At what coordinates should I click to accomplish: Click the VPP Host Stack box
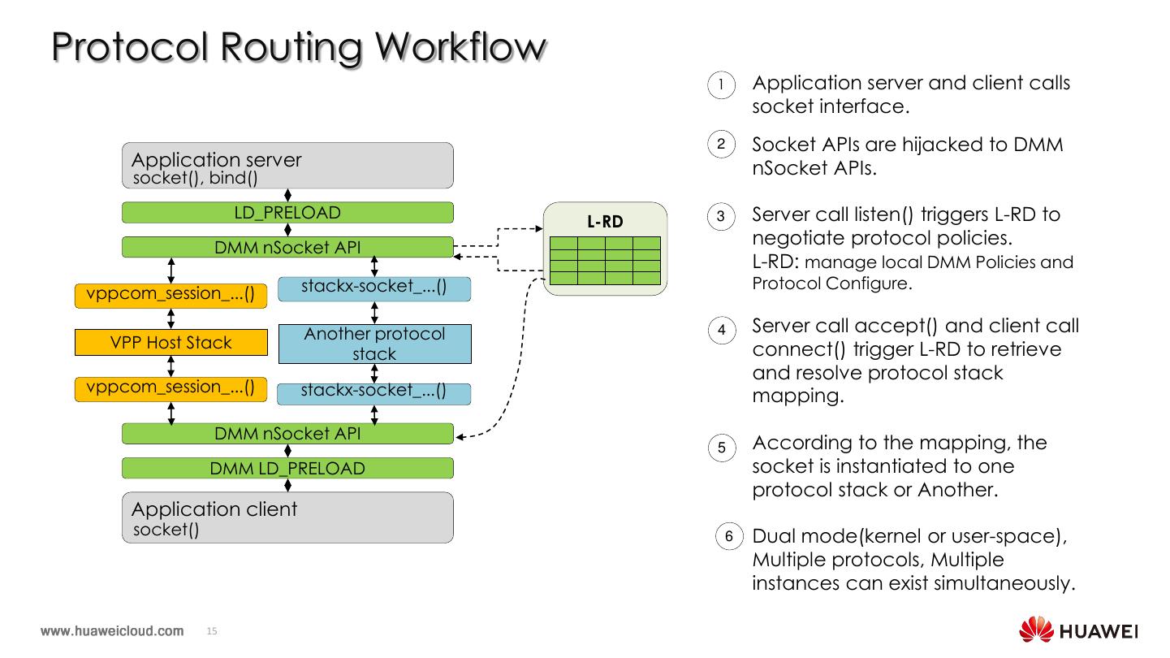pos(171,343)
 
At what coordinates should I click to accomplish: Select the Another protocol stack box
pos(374,344)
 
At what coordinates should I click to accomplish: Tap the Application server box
pos(287,166)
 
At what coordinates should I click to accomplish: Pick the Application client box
pos(287,517)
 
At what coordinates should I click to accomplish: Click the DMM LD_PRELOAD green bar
pos(287,469)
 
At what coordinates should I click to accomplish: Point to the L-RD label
pos(604,221)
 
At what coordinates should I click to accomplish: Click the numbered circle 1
pos(722,84)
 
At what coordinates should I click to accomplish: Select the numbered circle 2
pos(722,145)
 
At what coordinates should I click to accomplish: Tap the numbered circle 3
pos(722,217)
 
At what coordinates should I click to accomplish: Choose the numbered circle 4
pos(722,331)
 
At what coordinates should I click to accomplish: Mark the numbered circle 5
pos(722,448)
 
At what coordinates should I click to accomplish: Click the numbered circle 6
pos(728,536)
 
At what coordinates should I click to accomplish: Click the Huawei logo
pos(1078,631)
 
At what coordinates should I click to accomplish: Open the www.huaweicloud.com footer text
pos(112,631)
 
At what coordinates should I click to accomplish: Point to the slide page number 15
pos(213,631)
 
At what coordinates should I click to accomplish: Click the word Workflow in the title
pos(460,47)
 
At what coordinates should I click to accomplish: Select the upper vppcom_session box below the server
pos(171,294)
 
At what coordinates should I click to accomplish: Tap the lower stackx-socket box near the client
pos(373,392)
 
